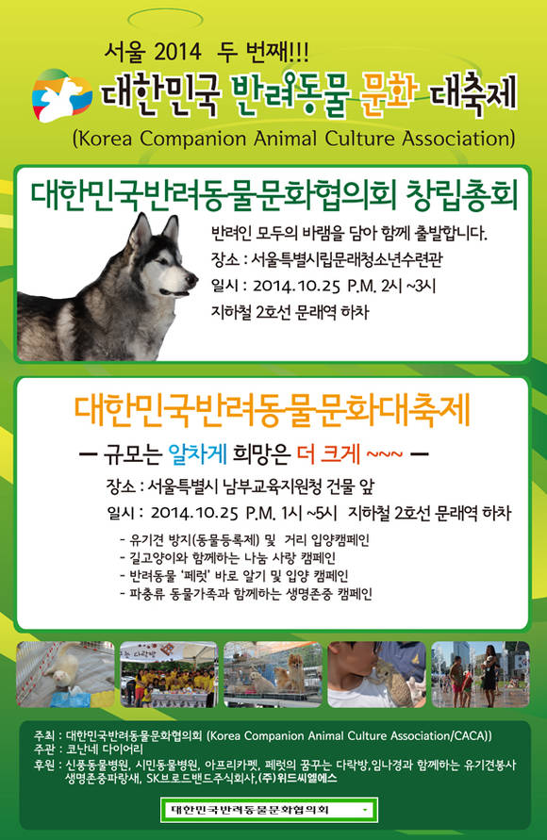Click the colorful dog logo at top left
coord(60,95)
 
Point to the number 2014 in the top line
coord(176,52)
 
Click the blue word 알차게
coord(198,454)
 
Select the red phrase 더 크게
coord(328,454)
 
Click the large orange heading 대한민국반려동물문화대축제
coord(272,410)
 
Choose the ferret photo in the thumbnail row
coord(65,674)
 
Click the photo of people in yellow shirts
coord(169,674)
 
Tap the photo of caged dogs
coord(273,674)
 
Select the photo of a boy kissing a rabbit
coord(376,674)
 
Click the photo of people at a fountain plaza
coord(481,674)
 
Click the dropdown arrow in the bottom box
coord(365,810)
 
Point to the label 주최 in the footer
coord(43,735)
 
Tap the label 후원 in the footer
coord(43,765)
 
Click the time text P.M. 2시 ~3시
coord(391,286)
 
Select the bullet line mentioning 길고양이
coord(227,558)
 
